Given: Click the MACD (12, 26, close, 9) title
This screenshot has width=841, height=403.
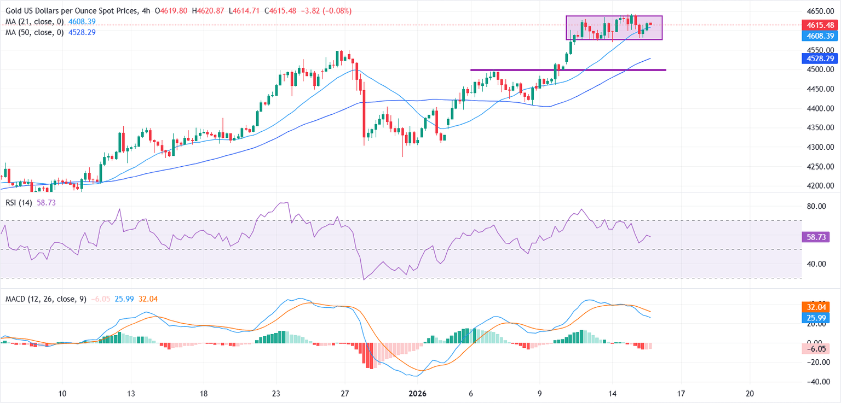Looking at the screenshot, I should tap(45, 299).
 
